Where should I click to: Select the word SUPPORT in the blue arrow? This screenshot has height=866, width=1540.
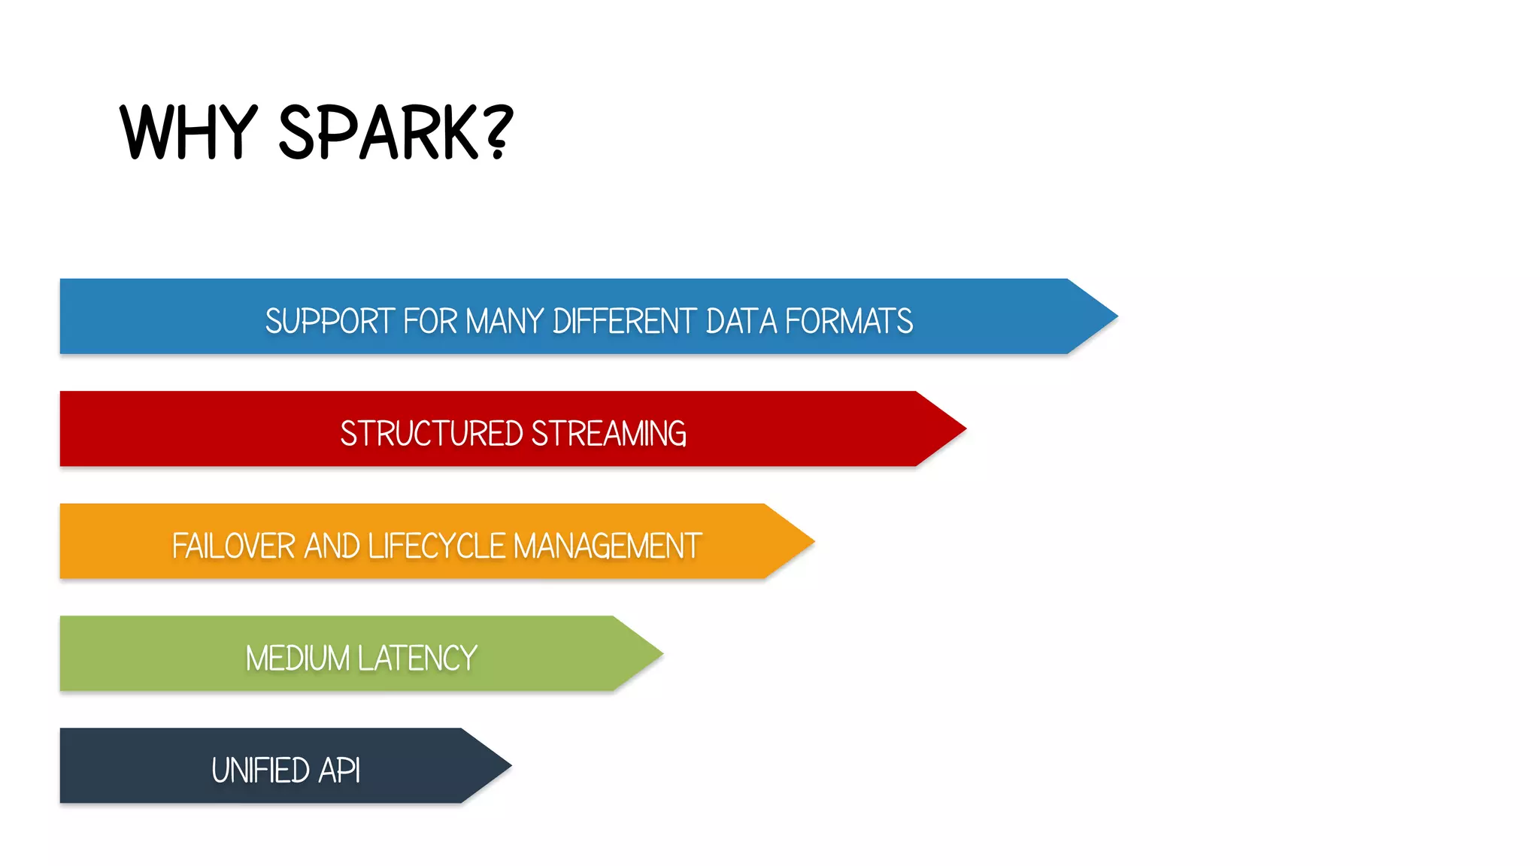coord(329,321)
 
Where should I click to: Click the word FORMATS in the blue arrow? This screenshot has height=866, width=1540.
coord(849,321)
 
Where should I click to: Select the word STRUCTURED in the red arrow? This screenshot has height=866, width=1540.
coord(432,434)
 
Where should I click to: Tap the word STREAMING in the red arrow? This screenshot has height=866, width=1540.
coord(608,434)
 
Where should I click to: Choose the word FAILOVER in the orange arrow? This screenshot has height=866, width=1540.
coord(233,546)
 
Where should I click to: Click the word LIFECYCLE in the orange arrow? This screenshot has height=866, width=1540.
coord(436,546)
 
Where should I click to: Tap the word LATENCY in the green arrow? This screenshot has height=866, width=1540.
coord(417,659)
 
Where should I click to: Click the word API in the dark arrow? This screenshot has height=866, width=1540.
coord(339,771)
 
